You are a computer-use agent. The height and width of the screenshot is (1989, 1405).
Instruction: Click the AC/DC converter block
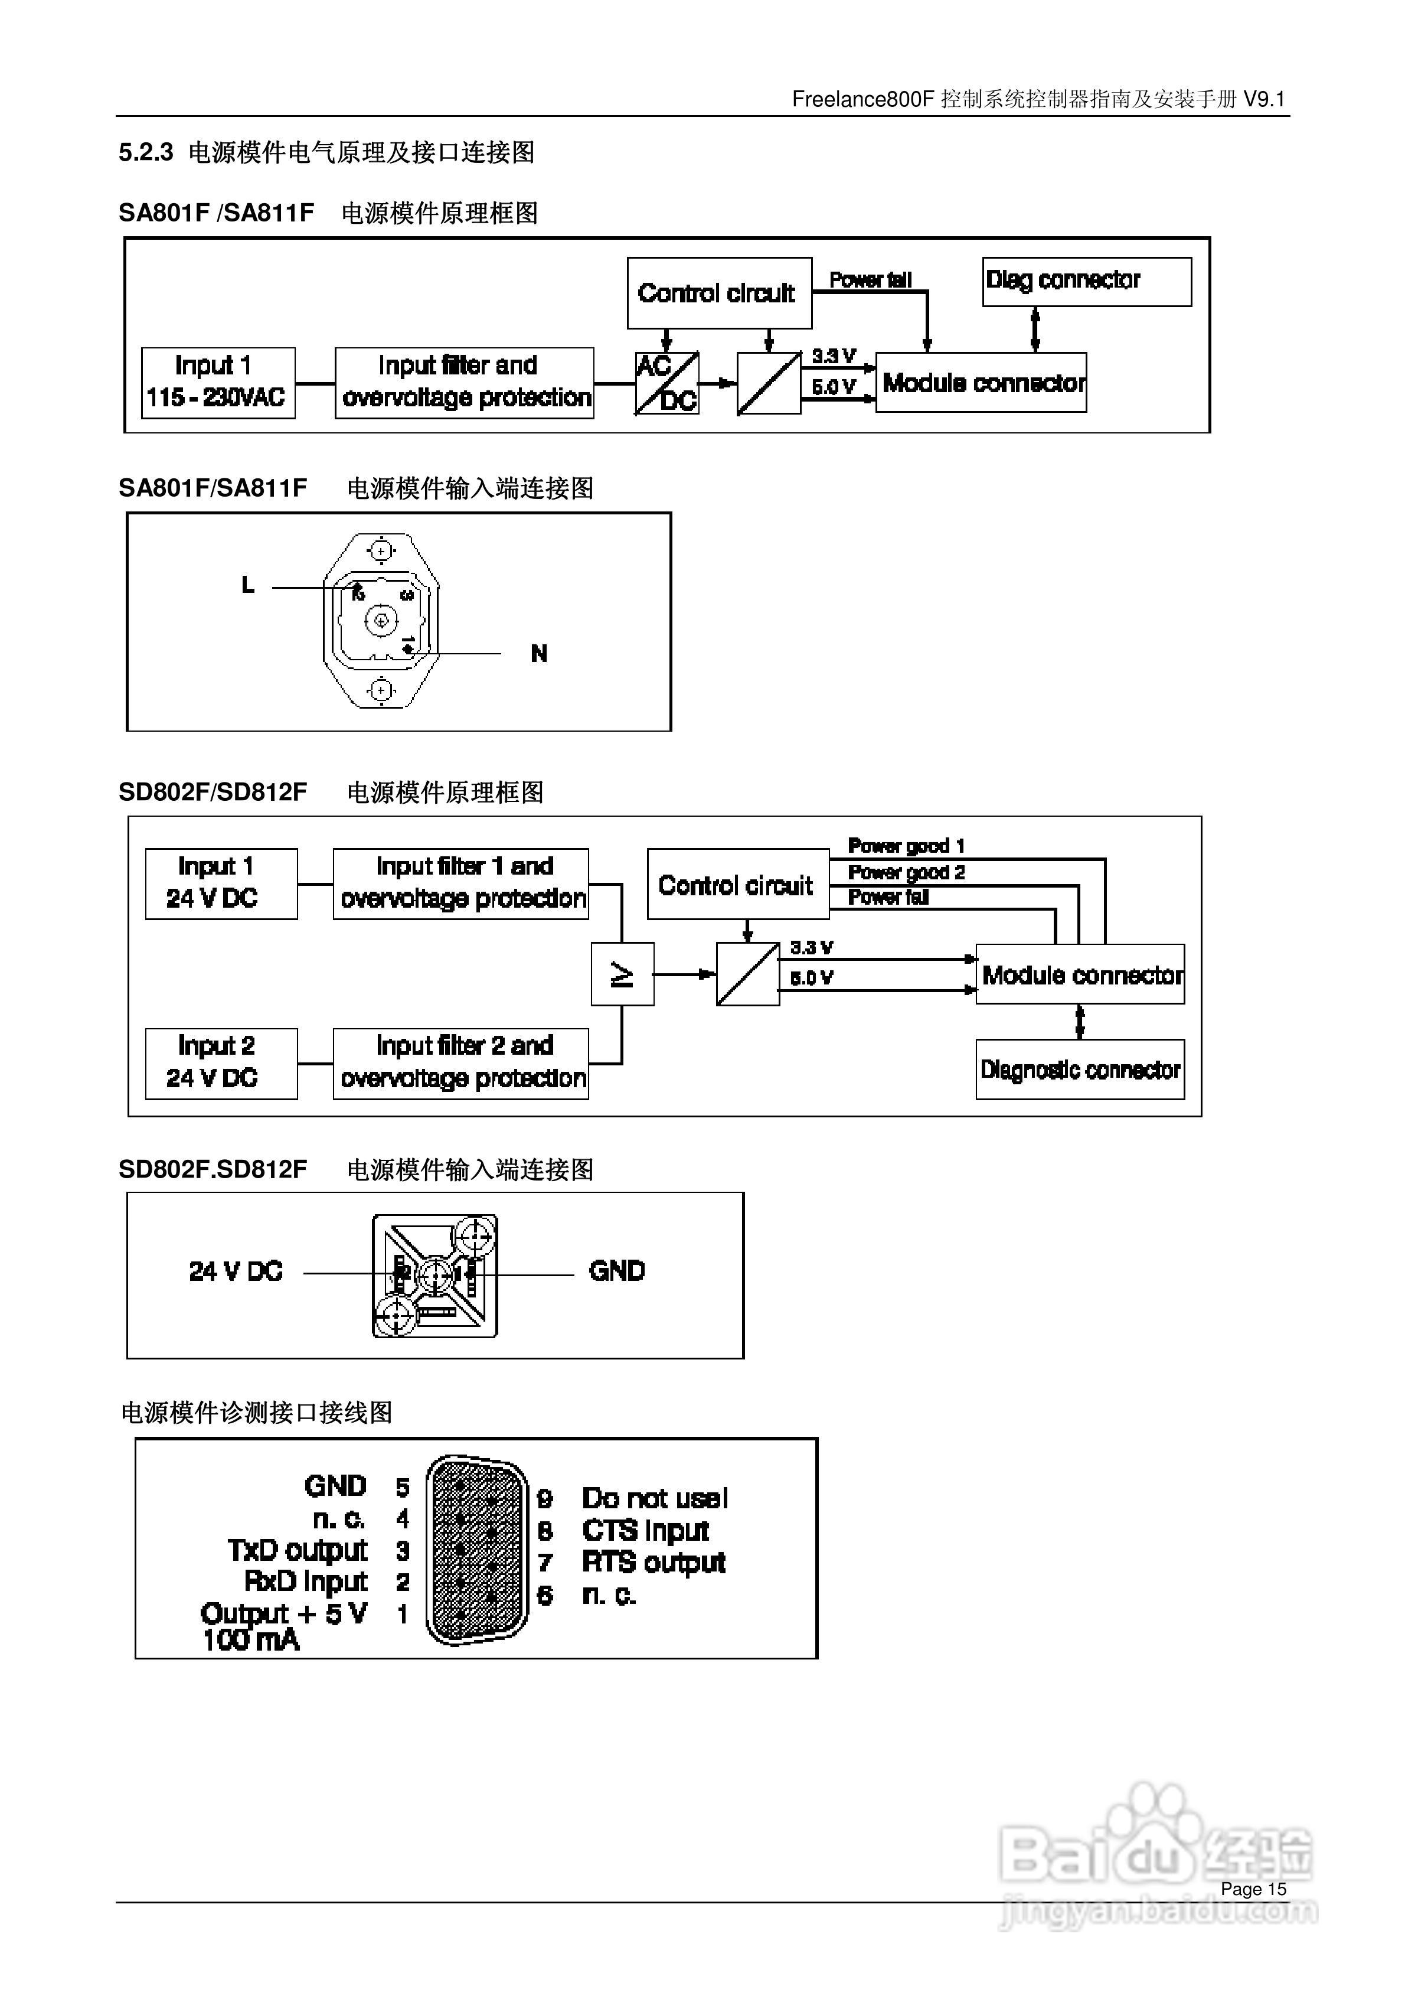click(x=666, y=383)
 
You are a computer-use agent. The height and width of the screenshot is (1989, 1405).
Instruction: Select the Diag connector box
click(x=1086, y=282)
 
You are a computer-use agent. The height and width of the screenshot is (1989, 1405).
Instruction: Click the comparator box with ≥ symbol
click(x=622, y=974)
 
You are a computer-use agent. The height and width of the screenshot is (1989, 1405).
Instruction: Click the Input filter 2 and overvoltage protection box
click(x=461, y=1063)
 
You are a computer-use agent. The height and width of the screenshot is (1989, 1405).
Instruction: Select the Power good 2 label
click(x=905, y=872)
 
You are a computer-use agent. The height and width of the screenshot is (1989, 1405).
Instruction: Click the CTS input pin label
click(x=645, y=1531)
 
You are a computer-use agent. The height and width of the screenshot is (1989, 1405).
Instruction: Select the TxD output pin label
click(x=297, y=1550)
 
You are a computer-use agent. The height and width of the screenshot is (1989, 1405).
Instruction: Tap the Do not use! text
click(x=654, y=1498)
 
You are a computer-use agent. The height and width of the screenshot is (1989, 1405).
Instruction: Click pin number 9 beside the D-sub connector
click(x=545, y=1499)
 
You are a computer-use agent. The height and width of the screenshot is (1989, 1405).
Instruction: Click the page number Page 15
click(x=1253, y=1889)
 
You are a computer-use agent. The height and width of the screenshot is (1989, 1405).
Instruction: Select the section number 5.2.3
click(x=146, y=152)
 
